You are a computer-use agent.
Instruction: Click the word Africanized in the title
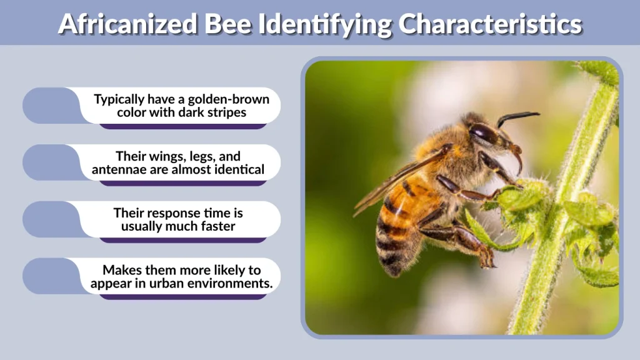[128, 24]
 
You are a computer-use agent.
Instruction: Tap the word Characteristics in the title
[490, 24]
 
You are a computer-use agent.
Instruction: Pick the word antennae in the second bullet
[119, 169]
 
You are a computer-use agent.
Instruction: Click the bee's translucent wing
[394, 181]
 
